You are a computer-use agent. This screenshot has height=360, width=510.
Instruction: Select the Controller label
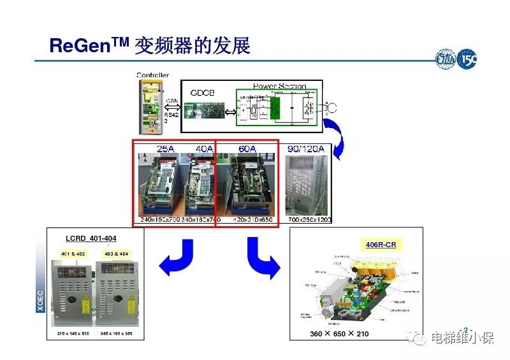tap(153, 75)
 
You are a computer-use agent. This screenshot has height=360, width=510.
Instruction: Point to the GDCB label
tap(203, 92)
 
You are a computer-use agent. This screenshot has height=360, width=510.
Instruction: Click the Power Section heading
tap(279, 86)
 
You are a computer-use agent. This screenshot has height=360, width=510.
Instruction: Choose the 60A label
tap(247, 149)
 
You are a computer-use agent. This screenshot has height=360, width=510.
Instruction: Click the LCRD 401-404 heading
tap(91, 239)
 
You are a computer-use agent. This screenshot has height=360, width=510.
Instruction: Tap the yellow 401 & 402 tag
tap(72, 254)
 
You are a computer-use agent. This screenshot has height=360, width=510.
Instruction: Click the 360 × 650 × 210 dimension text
tap(340, 334)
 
